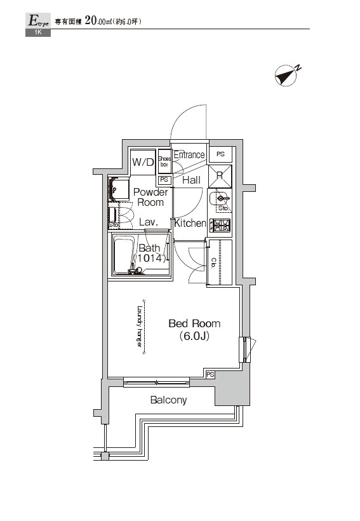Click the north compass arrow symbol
pos(286,76)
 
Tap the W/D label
pos(143,163)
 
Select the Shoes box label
pos(164,162)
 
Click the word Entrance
pos(189,155)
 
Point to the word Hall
pos(191,180)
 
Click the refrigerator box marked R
pos(219,176)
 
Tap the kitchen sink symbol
pos(220,199)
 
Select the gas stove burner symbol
pos(220,225)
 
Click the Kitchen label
pos(190,224)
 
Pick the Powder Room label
pos(150,197)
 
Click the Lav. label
pos(148,222)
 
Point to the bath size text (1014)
pos(150,259)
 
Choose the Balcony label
pos(168,400)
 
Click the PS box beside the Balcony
pos(210,375)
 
